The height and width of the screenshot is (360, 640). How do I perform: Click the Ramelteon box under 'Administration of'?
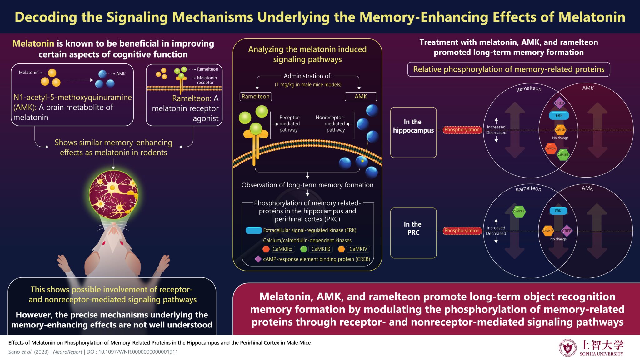tap(256, 97)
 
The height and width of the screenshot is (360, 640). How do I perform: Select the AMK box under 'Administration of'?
tap(361, 97)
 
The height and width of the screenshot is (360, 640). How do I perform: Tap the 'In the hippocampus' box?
tap(413, 132)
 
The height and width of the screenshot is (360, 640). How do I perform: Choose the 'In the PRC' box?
tap(413, 233)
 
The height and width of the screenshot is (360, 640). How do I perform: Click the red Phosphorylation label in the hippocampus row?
tap(462, 130)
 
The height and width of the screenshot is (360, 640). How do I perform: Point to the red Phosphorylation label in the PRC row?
tap(462, 231)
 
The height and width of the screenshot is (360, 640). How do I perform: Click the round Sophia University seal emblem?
tap(567, 348)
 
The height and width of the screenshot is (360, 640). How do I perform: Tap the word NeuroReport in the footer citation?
tap(67, 352)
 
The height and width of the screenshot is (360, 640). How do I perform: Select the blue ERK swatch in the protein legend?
tap(253, 230)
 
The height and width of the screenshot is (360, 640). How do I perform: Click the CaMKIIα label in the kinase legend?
tap(282, 249)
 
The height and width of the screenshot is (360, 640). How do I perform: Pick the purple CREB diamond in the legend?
tap(258, 259)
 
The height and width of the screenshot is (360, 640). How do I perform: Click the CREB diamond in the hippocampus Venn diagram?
tap(559, 103)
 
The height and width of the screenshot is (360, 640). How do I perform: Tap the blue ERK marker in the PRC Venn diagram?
tap(558, 211)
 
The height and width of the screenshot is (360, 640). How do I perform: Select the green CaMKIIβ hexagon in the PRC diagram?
tap(519, 212)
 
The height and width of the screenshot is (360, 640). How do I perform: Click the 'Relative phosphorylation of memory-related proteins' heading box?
tap(508, 69)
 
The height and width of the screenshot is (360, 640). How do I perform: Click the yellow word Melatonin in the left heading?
tap(33, 43)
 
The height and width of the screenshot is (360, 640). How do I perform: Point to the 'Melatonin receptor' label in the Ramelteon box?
tap(207, 80)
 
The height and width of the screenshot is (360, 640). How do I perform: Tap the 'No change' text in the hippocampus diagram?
tap(560, 138)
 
